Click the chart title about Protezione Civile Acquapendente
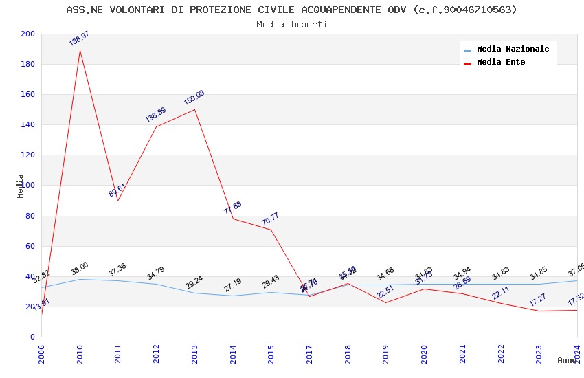(291, 10)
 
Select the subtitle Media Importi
(291, 24)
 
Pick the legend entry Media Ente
(501, 63)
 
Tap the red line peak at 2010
(80, 50)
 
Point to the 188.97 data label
(79, 38)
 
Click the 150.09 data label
(194, 98)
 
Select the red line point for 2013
(194, 109)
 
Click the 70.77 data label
(270, 219)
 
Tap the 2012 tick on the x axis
(157, 353)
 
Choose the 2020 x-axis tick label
(424, 353)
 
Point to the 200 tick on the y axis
(28, 34)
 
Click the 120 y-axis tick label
(28, 155)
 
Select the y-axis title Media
(21, 186)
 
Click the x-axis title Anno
(567, 360)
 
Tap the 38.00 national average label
(80, 269)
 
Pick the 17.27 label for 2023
(537, 300)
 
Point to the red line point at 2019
(385, 302)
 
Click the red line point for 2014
(233, 219)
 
